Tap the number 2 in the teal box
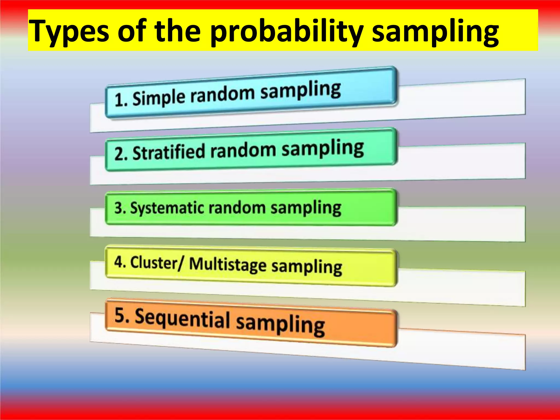pyautogui.click(x=119, y=154)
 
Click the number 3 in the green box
pyautogui.click(x=119, y=208)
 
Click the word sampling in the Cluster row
pyautogui.click(x=307, y=267)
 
